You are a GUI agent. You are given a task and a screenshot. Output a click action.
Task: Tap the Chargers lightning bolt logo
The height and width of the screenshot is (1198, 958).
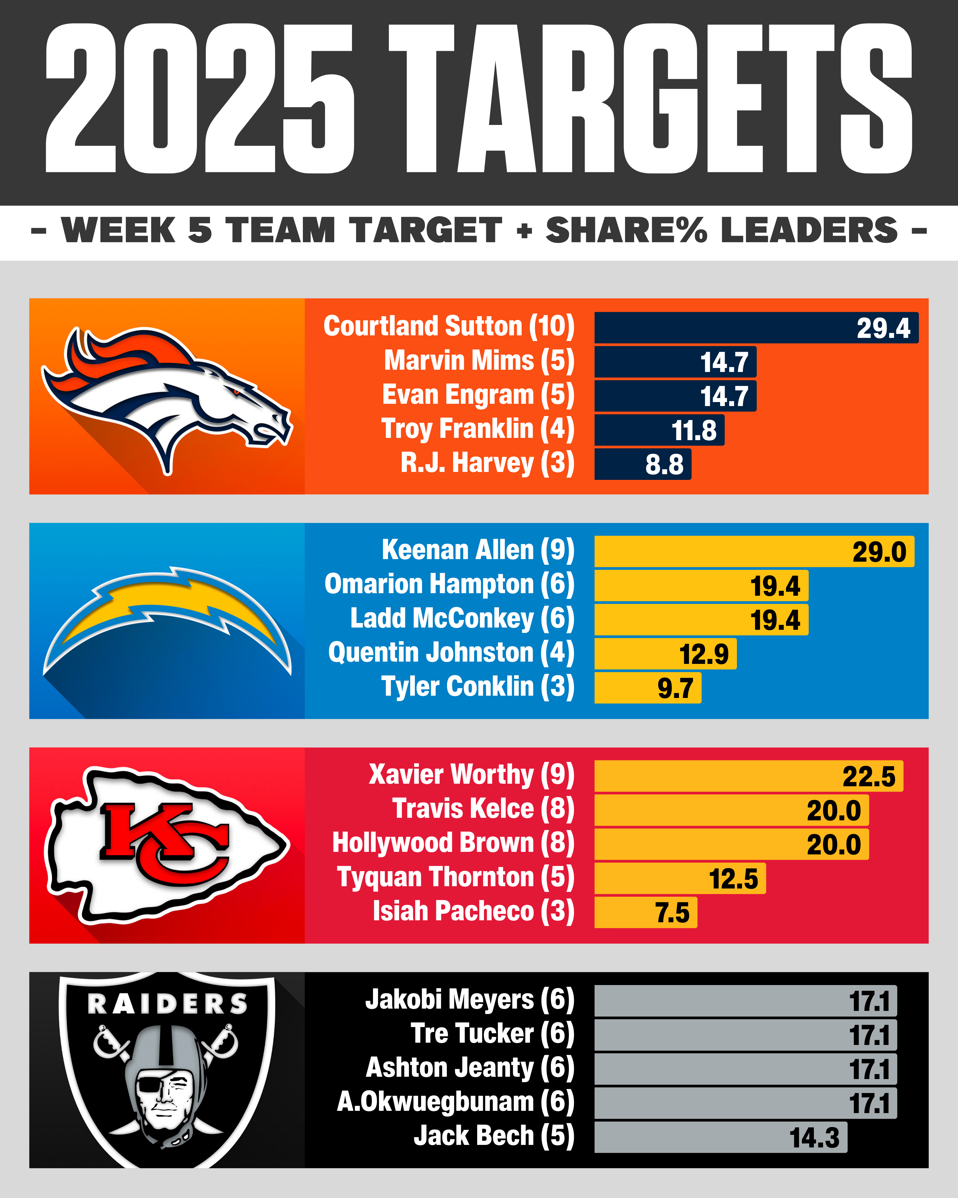point(167,617)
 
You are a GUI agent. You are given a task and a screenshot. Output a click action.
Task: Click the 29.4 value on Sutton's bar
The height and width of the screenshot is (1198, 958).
point(883,329)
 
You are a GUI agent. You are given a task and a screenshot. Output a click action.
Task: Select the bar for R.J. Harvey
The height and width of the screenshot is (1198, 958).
point(643,464)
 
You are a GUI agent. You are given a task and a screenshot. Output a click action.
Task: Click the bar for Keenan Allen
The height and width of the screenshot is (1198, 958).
point(754,551)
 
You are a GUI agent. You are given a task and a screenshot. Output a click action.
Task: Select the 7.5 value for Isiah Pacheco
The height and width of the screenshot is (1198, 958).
point(672,913)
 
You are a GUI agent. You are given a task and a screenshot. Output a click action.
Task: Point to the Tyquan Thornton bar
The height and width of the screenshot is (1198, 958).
point(680,879)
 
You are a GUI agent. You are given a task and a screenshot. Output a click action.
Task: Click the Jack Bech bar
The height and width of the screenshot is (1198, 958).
point(720,1137)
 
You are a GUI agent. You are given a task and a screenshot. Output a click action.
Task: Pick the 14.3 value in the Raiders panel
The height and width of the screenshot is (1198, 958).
point(814,1138)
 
